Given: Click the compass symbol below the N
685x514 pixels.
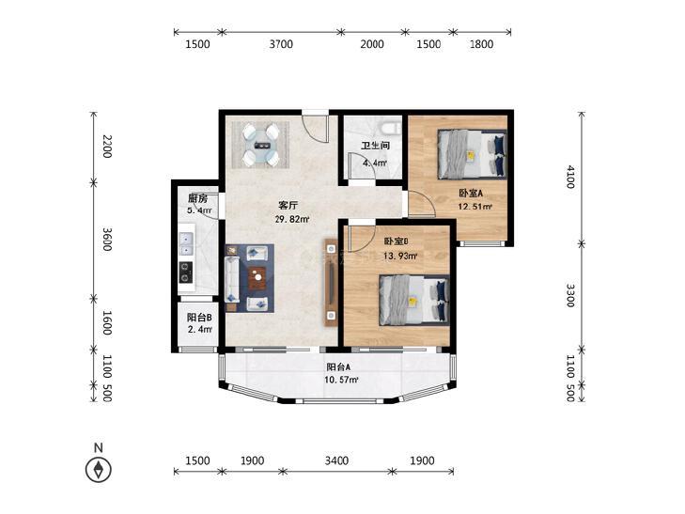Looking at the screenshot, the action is tap(99, 470).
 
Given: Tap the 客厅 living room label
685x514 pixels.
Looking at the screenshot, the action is tap(288, 205).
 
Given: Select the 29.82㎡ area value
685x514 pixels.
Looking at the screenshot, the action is tap(292, 219).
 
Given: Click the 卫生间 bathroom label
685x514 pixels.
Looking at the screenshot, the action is tap(375, 146).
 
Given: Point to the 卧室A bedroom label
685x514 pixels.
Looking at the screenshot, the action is tap(471, 193).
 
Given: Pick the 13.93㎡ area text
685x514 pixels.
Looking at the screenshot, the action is tap(399, 256).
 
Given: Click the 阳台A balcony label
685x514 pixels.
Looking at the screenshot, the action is tap(338, 367).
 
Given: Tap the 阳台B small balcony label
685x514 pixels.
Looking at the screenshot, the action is tap(199, 318).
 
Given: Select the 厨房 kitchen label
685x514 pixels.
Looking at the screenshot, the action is tap(197, 198).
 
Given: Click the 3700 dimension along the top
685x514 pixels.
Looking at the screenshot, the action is tap(281, 44).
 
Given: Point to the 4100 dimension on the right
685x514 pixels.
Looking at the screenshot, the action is tap(569, 177).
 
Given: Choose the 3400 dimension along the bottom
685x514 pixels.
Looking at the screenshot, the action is tap(336, 460).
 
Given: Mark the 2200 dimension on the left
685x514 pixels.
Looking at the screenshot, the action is tap(107, 147).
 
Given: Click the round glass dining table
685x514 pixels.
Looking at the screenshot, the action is tap(261, 145).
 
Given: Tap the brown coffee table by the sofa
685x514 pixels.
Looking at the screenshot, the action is tap(257, 279).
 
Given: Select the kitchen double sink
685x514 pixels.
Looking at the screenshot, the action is tap(187, 244).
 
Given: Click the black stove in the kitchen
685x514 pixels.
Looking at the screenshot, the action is tap(186, 273).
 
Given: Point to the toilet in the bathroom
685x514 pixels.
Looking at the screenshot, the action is tap(390, 129).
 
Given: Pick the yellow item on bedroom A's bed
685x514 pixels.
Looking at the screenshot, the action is tap(471, 155).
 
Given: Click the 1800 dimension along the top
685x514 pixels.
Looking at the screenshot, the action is tap(481, 44).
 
